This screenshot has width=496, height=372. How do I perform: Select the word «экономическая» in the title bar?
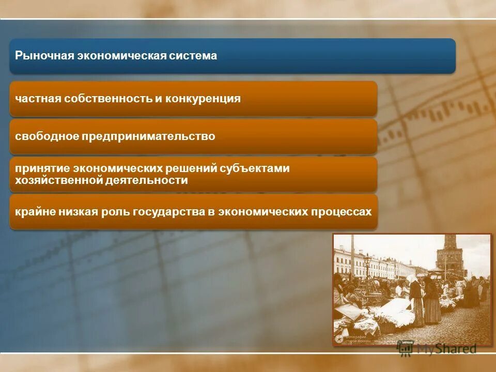[122, 56]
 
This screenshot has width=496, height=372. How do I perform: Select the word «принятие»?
[42, 168]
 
